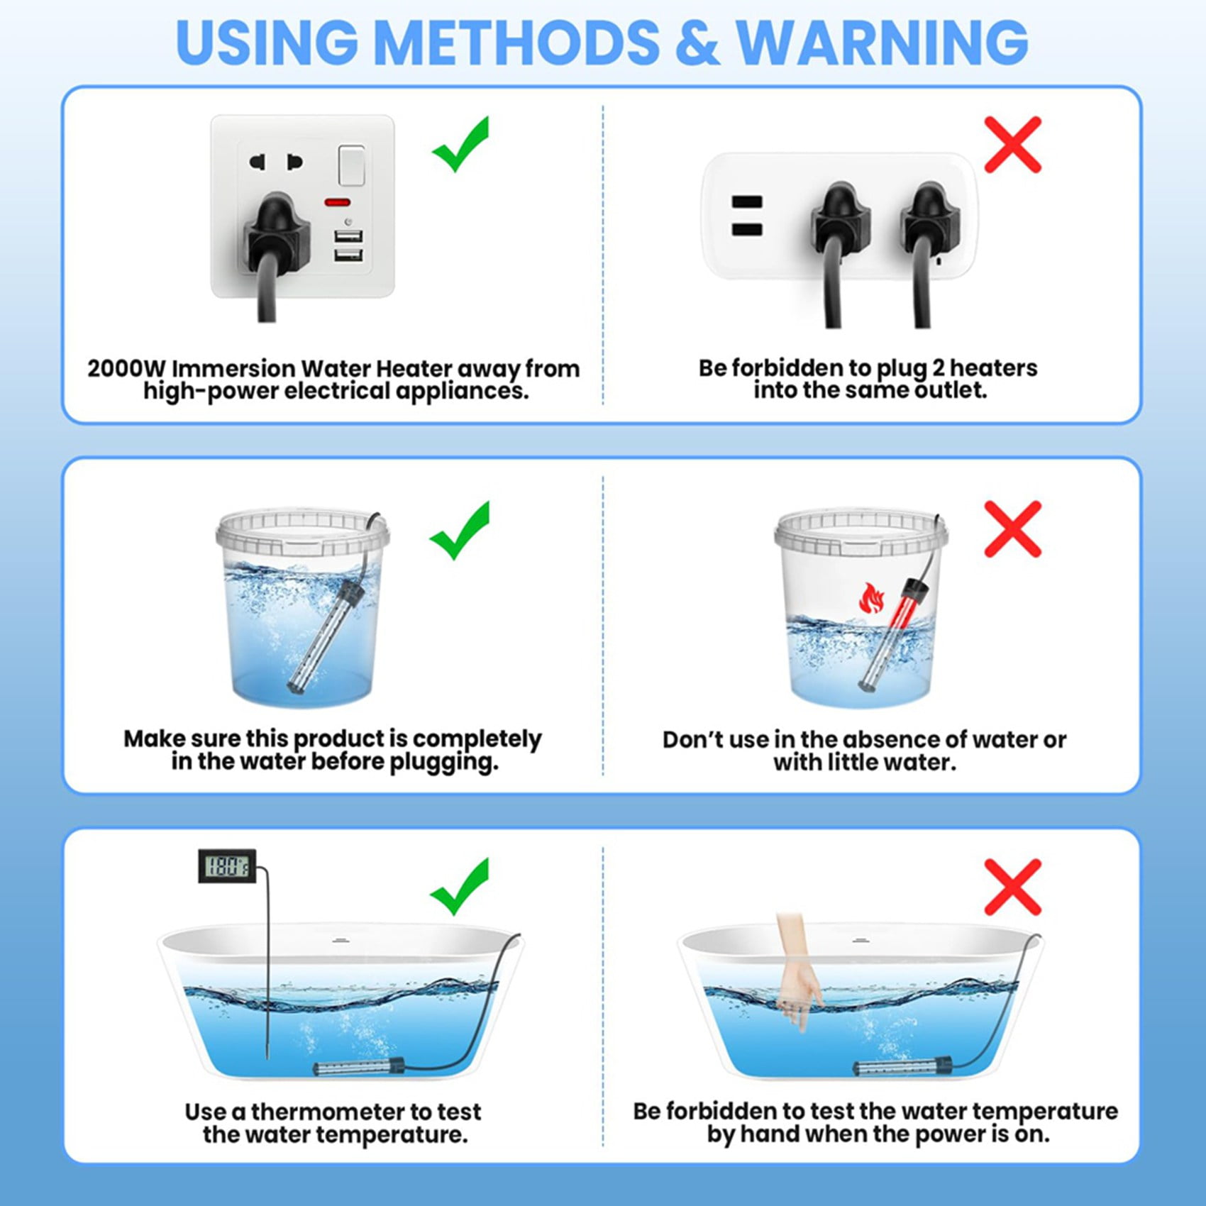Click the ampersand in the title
pyautogui.click(x=697, y=43)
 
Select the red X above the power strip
pyautogui.click(x=1012, y=145)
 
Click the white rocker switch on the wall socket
pyautogui.click(x=352, y=165)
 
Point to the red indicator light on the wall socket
pyautogui.click(x=337, y=202)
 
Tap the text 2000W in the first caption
pyautogui.click(x=126, y=369)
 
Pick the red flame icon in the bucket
pyautogui.click(x=871, y=598)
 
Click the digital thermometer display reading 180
pyautogui.click(x=227, y=865)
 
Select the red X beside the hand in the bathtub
pyautogui.click(x=1012, y=887)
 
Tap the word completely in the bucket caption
pyautogui.click(x=477, y=739)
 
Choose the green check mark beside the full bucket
pyautogui.click(x=460, y=530)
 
